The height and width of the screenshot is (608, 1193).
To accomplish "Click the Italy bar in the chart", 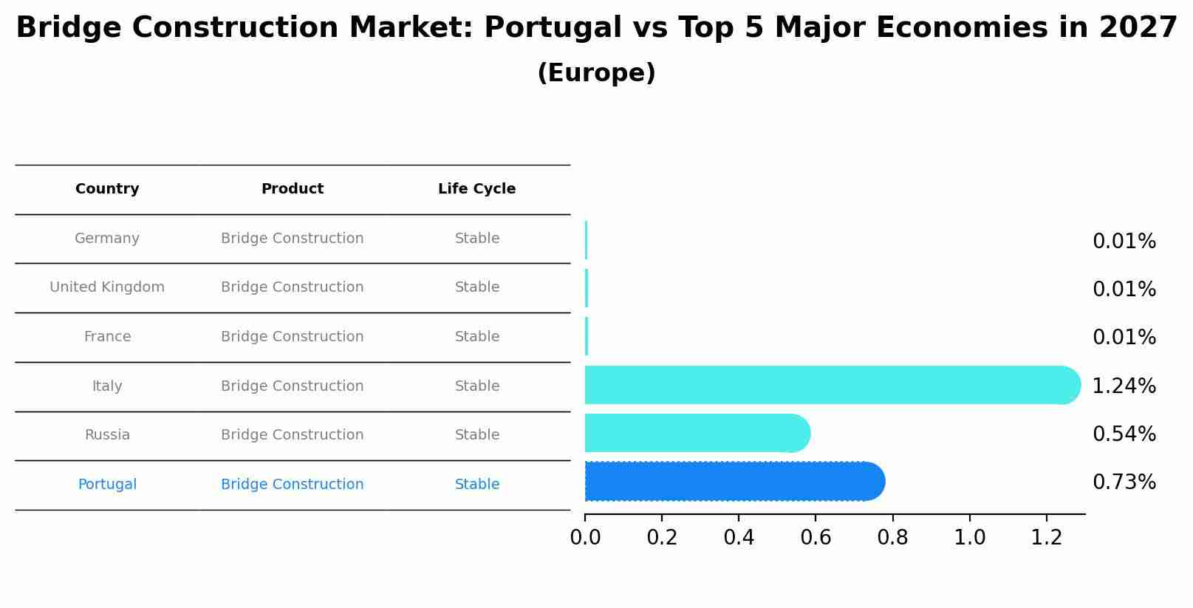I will [827, 385].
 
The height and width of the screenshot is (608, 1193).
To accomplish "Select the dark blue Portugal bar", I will [731, 482].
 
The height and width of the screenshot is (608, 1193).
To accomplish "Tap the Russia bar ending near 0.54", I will [694, 434].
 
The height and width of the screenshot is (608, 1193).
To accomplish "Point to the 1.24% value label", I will [1124, 386].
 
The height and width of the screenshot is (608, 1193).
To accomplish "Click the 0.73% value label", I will [1124, 482].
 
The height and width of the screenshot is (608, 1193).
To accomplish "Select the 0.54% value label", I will [1124, 434].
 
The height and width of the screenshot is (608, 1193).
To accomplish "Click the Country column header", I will [107, 189].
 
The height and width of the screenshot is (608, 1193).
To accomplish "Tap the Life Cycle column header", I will [476, 189].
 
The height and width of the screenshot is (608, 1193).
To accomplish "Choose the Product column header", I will [292, 189].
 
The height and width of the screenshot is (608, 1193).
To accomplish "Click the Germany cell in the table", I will [107, 239].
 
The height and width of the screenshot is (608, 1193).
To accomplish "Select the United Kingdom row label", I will [107, 287].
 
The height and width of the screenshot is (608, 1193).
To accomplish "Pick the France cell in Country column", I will [107, 337].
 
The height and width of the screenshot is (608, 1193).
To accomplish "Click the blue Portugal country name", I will [107, 485].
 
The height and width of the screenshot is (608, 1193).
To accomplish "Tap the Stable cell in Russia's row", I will [476, 435].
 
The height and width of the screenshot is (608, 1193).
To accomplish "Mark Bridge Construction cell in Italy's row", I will [292, 386].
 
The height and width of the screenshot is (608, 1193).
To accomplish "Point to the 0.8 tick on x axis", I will [892, 538].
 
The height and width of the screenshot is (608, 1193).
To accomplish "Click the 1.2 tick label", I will [1046, 538].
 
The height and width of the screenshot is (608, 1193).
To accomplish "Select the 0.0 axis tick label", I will [585, 538].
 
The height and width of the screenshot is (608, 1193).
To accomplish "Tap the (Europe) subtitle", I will [596, 73].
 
